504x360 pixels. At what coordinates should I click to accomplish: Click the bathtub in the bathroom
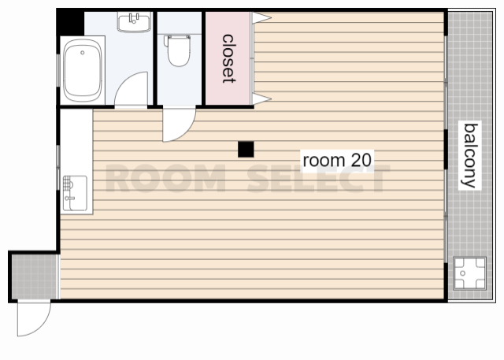coord(83,70)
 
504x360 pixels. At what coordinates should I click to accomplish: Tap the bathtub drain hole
coord(83,53)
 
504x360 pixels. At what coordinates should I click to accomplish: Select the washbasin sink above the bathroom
coord(134,22)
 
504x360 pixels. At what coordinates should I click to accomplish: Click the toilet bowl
coord(179,53)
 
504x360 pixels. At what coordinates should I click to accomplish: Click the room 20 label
coord(337,161)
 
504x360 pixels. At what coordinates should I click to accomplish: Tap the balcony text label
coord(469,155)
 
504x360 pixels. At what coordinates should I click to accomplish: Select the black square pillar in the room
coord(246,150)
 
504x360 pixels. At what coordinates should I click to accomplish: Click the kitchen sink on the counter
coord(75,193)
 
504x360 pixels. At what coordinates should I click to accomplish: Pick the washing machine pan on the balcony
coord(469,273)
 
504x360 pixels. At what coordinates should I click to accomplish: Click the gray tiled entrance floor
coord(34,276)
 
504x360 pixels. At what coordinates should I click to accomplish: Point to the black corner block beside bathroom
coord(70,23)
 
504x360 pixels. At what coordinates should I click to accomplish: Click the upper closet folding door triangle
coord(261,17)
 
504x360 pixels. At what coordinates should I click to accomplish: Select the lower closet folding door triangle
coord(261,98)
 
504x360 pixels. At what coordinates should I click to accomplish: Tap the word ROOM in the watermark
coord(165,178)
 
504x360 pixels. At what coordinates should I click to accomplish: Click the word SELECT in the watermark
coord(318,178)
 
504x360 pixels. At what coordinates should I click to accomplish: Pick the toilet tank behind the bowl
coord(177,41)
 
